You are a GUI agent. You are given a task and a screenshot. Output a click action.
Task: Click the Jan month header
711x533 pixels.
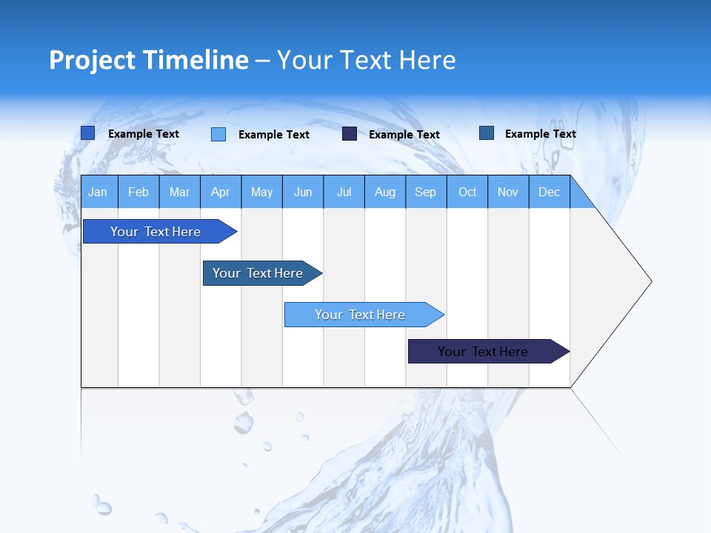click(x=98, y=192)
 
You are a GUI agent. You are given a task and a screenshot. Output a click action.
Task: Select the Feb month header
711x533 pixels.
click(x=138, y=192)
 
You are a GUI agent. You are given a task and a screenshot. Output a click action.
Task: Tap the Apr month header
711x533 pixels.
click(x=220, y=192)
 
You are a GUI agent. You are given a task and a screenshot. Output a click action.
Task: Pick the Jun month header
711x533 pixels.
click(x=303, y=192)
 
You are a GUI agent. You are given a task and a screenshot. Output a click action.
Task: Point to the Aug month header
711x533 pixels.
click(x=384, y=192)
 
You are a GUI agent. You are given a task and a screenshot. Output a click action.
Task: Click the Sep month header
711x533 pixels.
click(x=425, y=192)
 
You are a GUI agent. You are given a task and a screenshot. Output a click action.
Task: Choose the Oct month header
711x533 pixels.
click(x=467, y=192)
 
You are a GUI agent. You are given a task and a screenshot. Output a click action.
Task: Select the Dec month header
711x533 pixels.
click(x=549, y=192)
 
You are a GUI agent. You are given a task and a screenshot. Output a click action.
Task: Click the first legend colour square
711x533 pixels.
click(x=87, y=133)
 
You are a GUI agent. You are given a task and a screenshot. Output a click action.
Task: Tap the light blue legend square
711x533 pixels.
click(x=218, y=134)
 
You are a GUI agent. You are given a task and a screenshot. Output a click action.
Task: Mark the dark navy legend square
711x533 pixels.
click(x=350, y=134)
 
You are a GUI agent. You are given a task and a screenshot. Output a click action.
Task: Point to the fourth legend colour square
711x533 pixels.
click(x=487, y=133)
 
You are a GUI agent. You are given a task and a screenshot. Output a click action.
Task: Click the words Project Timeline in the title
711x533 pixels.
click(x=148, y=60)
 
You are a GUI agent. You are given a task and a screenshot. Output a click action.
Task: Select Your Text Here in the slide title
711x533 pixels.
click(x=366, y=60)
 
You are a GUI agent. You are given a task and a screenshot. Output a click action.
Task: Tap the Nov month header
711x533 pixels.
click(x=508, y=192)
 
